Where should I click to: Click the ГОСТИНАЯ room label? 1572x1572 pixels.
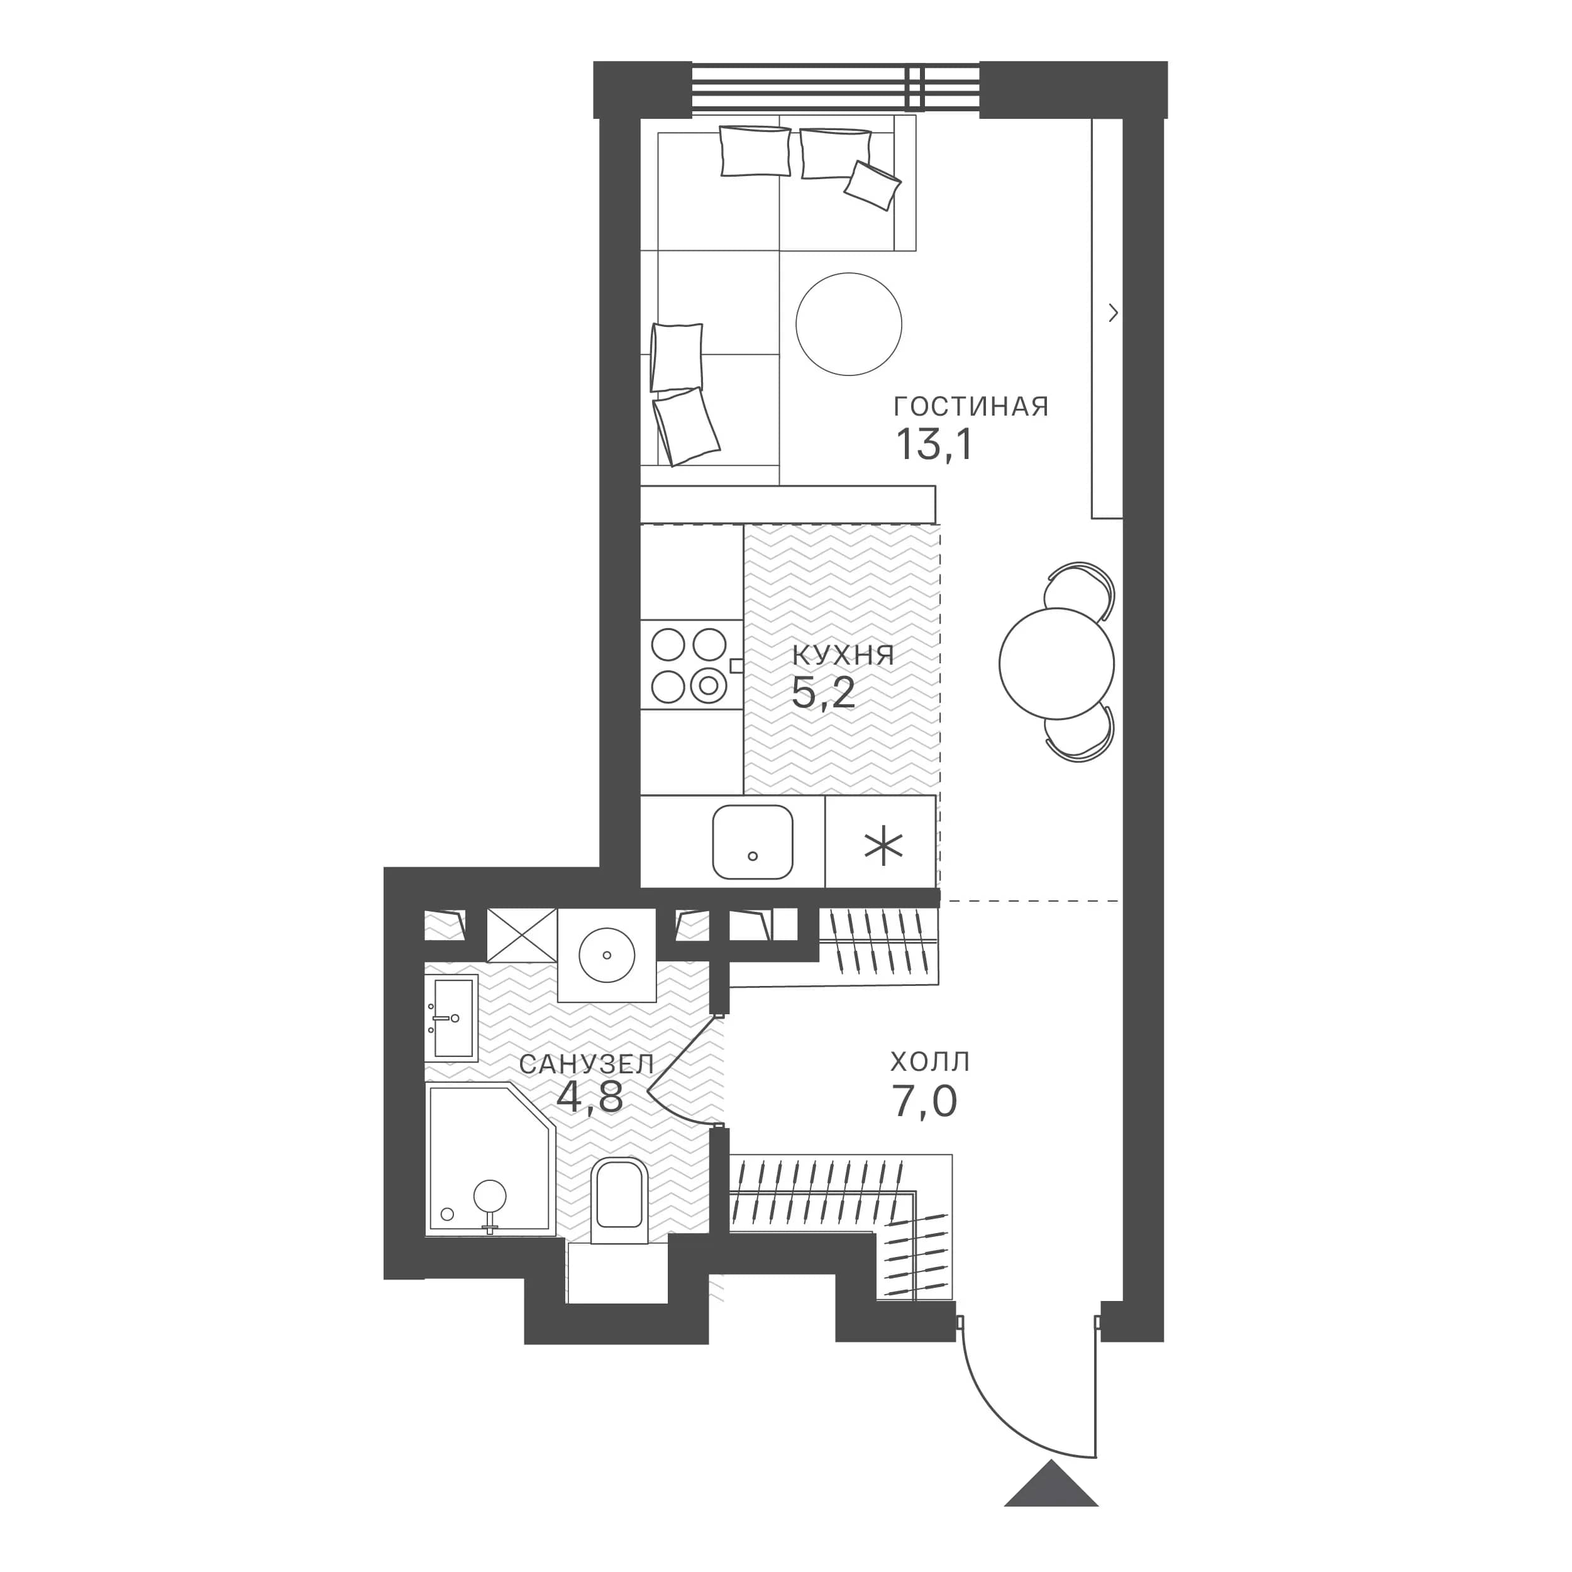(971, 407)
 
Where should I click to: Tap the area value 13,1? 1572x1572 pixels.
(934, 445)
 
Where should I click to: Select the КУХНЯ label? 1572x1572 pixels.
(843, 656)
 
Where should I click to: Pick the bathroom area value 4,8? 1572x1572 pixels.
(590, 1099)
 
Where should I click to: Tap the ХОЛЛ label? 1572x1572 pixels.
(930, 1062)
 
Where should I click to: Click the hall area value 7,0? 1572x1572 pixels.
(925, 1102)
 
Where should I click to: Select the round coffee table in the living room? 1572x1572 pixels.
(849, 324)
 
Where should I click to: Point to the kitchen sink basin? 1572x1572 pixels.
(753, 842)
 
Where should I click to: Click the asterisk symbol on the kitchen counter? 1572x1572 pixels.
(883, 847)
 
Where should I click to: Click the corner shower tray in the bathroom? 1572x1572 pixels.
(490, 1160)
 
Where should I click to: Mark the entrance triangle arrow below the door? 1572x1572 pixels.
(1051, 1483)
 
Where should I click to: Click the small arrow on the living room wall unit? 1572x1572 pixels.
(1113, 313)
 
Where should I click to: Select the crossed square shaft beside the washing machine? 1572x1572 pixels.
(521, 935)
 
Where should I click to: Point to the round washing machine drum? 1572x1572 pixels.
(606, 955)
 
